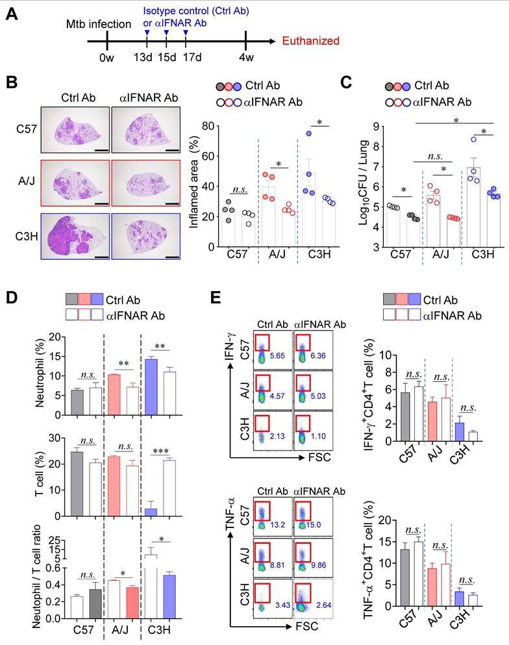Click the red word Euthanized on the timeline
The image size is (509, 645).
(x=311, y=41)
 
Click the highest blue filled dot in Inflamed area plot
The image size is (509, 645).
(x=310, y=134)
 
